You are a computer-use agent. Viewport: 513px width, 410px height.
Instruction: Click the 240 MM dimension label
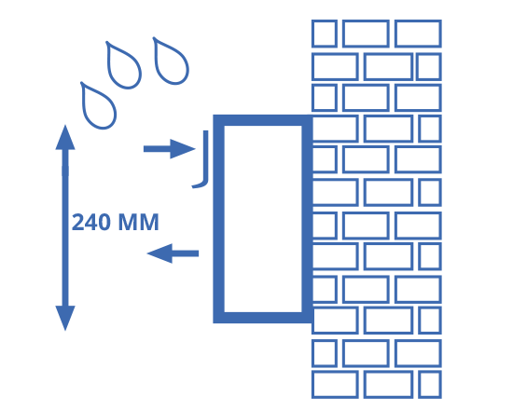pos(115,223)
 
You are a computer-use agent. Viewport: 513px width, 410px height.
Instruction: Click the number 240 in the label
pos(90,223)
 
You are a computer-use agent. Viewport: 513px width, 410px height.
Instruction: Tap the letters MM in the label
pos(139,223)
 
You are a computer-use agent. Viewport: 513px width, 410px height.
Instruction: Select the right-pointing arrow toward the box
pos(170,149)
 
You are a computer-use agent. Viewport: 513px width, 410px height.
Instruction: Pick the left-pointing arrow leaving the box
pos(173,253)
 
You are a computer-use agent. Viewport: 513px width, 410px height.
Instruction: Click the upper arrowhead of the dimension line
pos(65,137)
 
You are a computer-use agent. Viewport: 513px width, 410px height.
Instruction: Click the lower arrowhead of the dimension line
pos(65,318)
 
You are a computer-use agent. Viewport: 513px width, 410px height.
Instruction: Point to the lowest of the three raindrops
pos(98,105)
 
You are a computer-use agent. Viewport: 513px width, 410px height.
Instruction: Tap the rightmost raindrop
pos(171,61)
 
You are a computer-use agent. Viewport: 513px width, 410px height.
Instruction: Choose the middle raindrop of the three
pos(123,65)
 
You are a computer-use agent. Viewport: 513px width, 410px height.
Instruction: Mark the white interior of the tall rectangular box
pos(263,219)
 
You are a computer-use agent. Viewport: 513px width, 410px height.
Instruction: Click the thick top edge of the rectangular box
pos(263,120)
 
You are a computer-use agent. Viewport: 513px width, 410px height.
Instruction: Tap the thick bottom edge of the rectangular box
pos(263,318)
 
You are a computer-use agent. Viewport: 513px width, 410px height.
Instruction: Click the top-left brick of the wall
pos(325,34)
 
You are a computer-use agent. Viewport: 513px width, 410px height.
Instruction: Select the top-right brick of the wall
pos(418,34)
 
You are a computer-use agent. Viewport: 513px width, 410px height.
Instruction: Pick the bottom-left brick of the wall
pos(335,385)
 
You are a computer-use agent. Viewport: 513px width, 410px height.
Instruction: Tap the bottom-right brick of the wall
pos(430,385)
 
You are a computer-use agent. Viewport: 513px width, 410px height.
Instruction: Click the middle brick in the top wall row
pos(366,34)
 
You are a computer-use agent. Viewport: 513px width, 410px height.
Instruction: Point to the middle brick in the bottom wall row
pos(388,385)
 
